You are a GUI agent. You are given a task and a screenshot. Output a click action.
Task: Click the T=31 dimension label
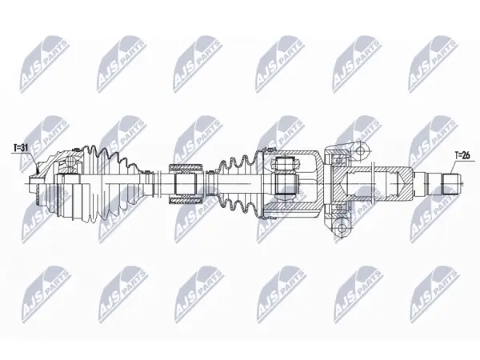[x=21, y=147]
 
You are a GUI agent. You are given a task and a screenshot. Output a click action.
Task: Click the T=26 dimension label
[x=462, y=155]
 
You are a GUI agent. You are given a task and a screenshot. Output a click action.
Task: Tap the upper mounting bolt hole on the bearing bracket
[x=361, y=150]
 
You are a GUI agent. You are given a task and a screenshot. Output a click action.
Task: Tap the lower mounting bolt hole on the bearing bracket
[x=341, y=227]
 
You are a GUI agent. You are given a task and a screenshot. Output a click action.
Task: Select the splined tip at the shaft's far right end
[x=450, y=184]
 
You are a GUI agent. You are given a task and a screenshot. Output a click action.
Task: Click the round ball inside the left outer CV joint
[x=70, y=161]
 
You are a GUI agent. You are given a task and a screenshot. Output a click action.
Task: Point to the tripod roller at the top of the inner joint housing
[x=286, y=162]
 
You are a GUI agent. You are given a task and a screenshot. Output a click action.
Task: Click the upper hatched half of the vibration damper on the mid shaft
[x=186, y=168]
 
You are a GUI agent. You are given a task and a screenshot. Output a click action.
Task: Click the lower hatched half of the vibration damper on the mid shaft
[x=186, y=200]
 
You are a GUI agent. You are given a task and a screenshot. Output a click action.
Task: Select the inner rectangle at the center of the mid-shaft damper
[x=186, y=184]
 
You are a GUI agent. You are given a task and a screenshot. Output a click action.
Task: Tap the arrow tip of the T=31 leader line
[x=38, y=168]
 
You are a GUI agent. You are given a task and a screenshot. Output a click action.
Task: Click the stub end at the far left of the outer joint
[x=33, y=184]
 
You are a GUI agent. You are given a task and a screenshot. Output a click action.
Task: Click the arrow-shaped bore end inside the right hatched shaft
[x=400, y=184]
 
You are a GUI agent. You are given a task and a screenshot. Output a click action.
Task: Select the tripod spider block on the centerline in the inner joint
[x=286, y=184]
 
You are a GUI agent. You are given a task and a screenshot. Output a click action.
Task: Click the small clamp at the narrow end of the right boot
[x=210, y=184]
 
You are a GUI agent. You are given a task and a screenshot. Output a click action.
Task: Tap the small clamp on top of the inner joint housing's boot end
[x=270, y=150]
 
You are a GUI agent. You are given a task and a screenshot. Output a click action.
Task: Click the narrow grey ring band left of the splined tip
[x=426, y=184]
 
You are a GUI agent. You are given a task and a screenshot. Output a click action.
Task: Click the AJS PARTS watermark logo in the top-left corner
[x=44, y=65]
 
